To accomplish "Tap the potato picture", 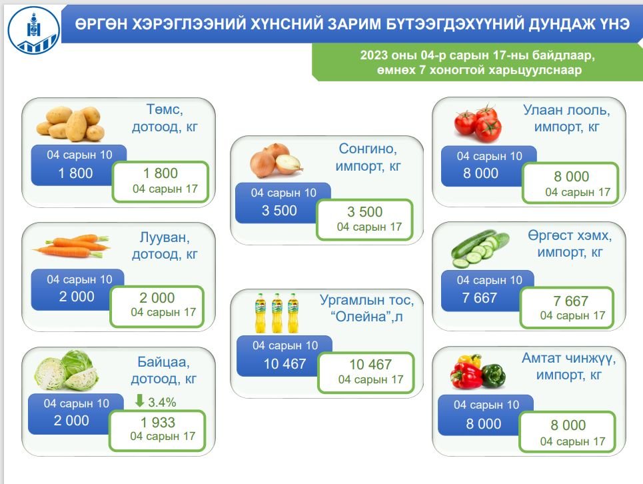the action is [x=70, y=123].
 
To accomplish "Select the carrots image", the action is [x=71, y=246].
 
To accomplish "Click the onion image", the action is [x=277, y=161].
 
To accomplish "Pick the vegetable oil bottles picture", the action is [x=277, y=313].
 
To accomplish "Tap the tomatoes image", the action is [x=478, y=123].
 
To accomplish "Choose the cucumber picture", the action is [x=480, y=249].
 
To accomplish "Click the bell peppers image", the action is [x=478, y=371].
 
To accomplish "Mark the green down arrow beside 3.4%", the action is [x=139, y=401].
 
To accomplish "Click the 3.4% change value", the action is [x=162, y=403].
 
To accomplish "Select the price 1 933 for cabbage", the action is [x=158, y=422].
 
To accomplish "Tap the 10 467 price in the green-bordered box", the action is [x=370, y=364].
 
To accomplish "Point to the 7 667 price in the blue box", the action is [x=479, y=298].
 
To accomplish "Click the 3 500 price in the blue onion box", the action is [x=279, y=211].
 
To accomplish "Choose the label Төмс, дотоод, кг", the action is [x=165, y=118].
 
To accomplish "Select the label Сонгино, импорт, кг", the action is [x=368, y=157].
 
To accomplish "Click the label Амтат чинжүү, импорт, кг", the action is [x=569, y=366].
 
